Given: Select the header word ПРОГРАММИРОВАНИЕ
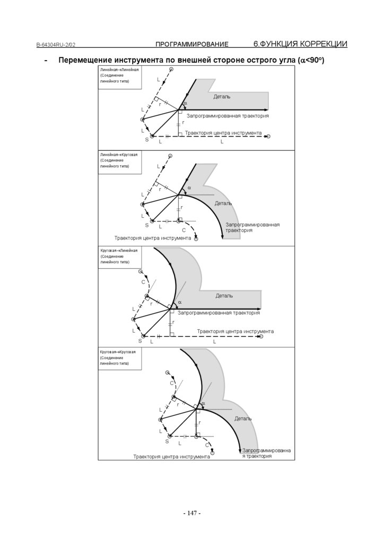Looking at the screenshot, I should tap(191, 44).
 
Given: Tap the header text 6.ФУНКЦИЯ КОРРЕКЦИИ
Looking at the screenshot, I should tap(300, 44).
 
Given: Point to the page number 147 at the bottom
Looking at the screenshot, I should tap(191, 513).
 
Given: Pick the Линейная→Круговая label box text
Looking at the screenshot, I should tap(119, 155).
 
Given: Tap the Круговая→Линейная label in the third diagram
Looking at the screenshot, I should tap(119, 251).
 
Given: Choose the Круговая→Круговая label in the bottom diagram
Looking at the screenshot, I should tap(118, 352).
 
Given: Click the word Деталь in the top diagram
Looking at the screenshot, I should tap(222, 97).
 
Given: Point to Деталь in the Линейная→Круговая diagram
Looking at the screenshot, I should tap(223, 203).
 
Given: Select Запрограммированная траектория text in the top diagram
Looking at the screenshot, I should tap(228, 116).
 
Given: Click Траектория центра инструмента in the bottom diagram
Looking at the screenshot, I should tap(171, 456).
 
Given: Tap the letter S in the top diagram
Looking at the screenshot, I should tap(146, 139).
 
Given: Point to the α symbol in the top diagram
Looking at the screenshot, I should tap(185, 103).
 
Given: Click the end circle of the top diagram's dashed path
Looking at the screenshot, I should tap(268, 137).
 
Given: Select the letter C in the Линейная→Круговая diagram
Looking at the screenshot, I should tap(184, 229).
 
